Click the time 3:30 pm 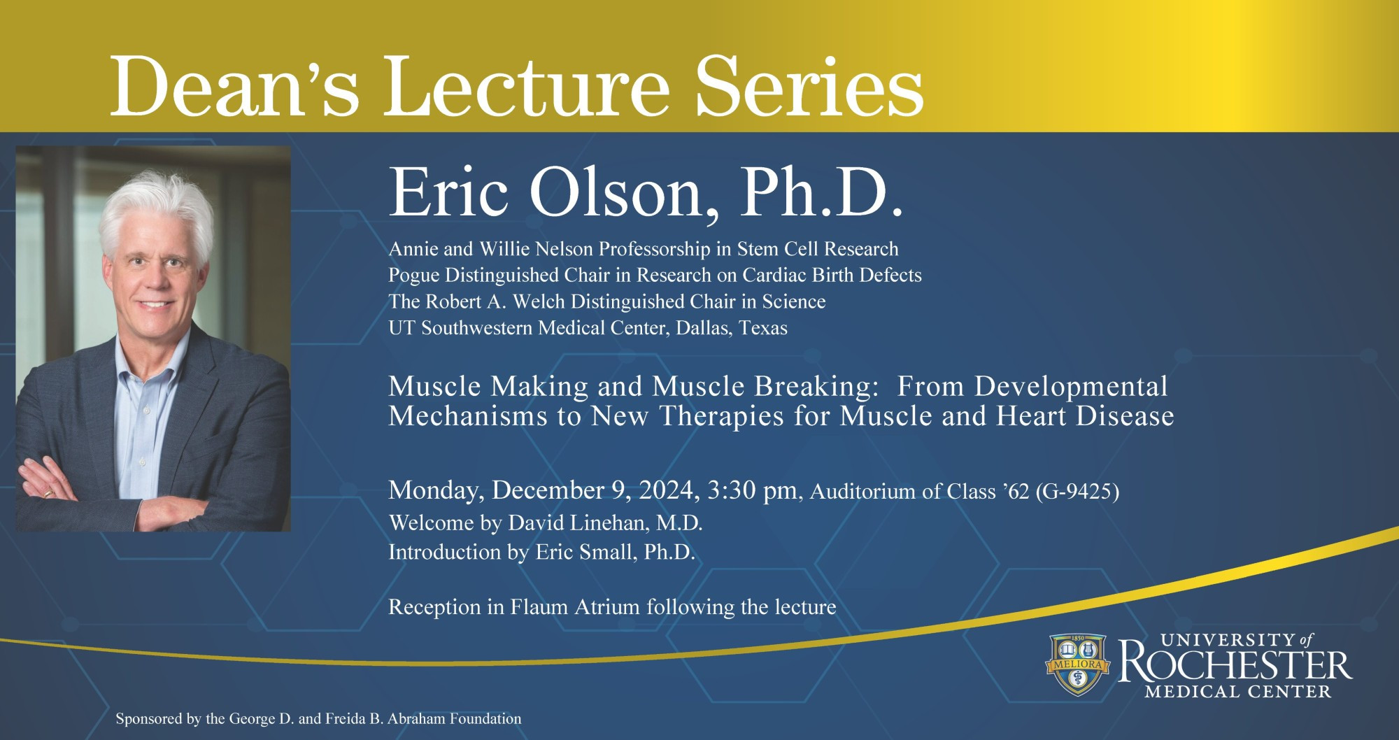[752, 490]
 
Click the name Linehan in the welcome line [614, 523]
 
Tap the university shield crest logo [1078, 664]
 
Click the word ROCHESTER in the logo [1235, 666]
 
